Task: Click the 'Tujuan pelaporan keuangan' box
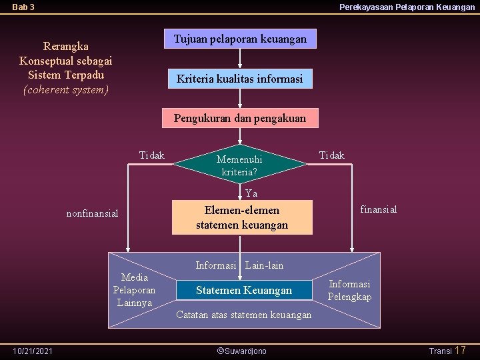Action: pyautogui.click(x=240, y=39)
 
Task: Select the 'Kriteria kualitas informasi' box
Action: pyautogui.click(x=239, y=79)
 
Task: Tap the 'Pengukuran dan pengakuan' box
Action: pyautogui.click(x=240, y=119)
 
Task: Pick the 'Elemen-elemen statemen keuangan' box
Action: pyautogui.click(x=242, y=217)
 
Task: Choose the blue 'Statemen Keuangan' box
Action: pyautogui.click(x=243, y=290)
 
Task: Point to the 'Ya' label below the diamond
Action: pyautogui.click(x=251, y=194)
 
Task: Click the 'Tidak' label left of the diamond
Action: pyautogui.click(x=151, y=155)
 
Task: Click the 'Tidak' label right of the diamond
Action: pyautogui.click(x=332, y=155)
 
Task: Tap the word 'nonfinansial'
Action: pyautogui.click(x=92, y=213)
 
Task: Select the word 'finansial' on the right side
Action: pyautogui.click(x=379, y=209)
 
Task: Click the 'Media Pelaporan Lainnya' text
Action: pyautogui.click(x=134, y=290)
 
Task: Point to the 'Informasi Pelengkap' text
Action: pyautogui.click(x=349, y=290)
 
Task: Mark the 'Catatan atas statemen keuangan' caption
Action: pyautogui.click(x=243, y=315)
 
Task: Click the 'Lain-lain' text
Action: pyautogui.click(x=264, y=265)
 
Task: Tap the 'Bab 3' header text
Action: pyautogui.click(x=23, y=7)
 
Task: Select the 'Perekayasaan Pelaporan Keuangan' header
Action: pyautogui.click(x=407, y=7)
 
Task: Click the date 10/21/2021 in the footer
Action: pyautogui.click(x=33, y=351)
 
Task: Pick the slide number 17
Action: pyautogui.click(x=460, y=350)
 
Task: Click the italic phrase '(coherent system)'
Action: pyautogui.click(x=65, y=89)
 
